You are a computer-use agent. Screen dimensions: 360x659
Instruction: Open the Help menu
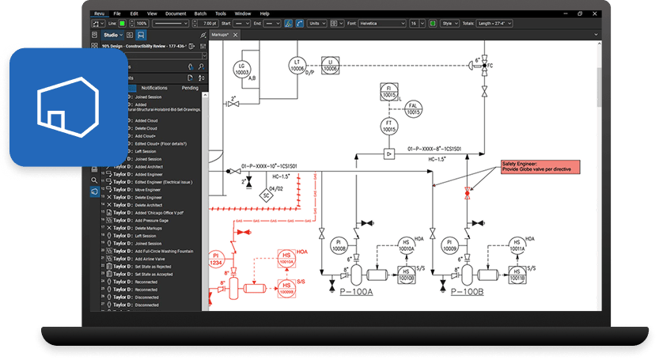click(x=263, y=13)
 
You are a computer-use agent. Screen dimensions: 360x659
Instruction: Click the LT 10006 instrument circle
click(x=297, y=66)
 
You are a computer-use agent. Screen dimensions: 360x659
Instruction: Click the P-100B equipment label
click(x=468, y=291)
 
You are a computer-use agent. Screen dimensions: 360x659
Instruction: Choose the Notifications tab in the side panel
click(x=154, y=88)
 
